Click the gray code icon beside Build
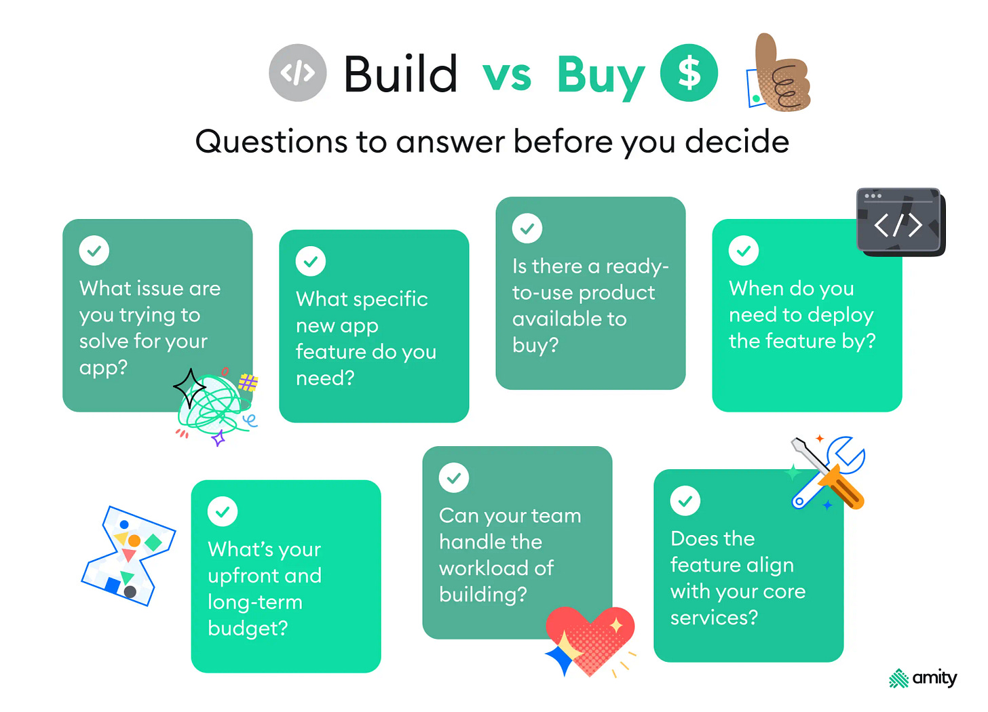pos(297,73)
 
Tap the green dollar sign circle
pos(689,73)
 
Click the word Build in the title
pos(400,74)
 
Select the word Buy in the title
pos(600,75)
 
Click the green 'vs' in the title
pos(507,75)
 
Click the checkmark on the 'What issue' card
pos(94,251)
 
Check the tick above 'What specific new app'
pos(311,262)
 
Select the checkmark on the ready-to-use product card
pos(527,229)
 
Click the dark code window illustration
pos(900,222)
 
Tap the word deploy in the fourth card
pos(839,315)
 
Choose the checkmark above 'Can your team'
pos(454,478)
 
